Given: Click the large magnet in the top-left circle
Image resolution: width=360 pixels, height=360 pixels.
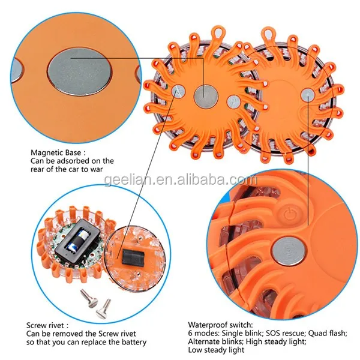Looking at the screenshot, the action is (80, 73).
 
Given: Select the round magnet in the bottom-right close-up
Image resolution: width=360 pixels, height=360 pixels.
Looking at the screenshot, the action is (289, 251).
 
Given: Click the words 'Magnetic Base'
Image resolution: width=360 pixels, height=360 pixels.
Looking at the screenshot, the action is (56, 152).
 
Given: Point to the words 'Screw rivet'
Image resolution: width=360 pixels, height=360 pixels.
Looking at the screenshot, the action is (45, 325).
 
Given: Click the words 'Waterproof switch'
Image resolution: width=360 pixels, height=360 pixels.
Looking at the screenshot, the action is (220, 325).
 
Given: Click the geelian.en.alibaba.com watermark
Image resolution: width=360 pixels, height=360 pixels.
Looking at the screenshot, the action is (180, 180).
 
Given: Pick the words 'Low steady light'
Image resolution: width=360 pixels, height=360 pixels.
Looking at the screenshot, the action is (216, 350).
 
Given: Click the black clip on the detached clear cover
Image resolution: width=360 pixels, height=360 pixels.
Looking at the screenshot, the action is (133, 258).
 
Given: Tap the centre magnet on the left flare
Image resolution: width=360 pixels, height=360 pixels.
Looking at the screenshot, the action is (206, 96).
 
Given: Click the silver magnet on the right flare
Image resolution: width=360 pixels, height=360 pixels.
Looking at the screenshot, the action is (308, 95).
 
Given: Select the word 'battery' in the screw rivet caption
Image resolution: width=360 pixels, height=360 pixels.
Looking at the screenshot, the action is (134, 342).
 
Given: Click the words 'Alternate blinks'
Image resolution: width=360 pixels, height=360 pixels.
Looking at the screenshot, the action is (215, 341).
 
